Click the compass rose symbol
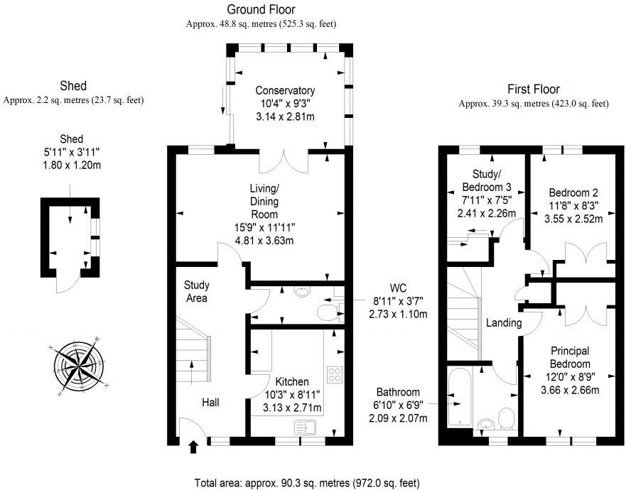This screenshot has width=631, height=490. point(78,364)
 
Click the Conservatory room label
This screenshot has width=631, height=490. point(285,91)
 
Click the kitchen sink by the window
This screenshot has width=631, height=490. point(310,427)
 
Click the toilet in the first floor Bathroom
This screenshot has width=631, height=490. point(507,418)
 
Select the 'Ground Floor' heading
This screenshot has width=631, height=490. point(261,9)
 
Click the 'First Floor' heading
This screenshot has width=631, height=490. point(533,89)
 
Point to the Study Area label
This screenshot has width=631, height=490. point(196,292)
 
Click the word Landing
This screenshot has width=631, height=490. point(504,323)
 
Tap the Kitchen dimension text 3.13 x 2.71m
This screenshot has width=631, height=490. point(291,408)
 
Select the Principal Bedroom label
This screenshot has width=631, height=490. point(570,358)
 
